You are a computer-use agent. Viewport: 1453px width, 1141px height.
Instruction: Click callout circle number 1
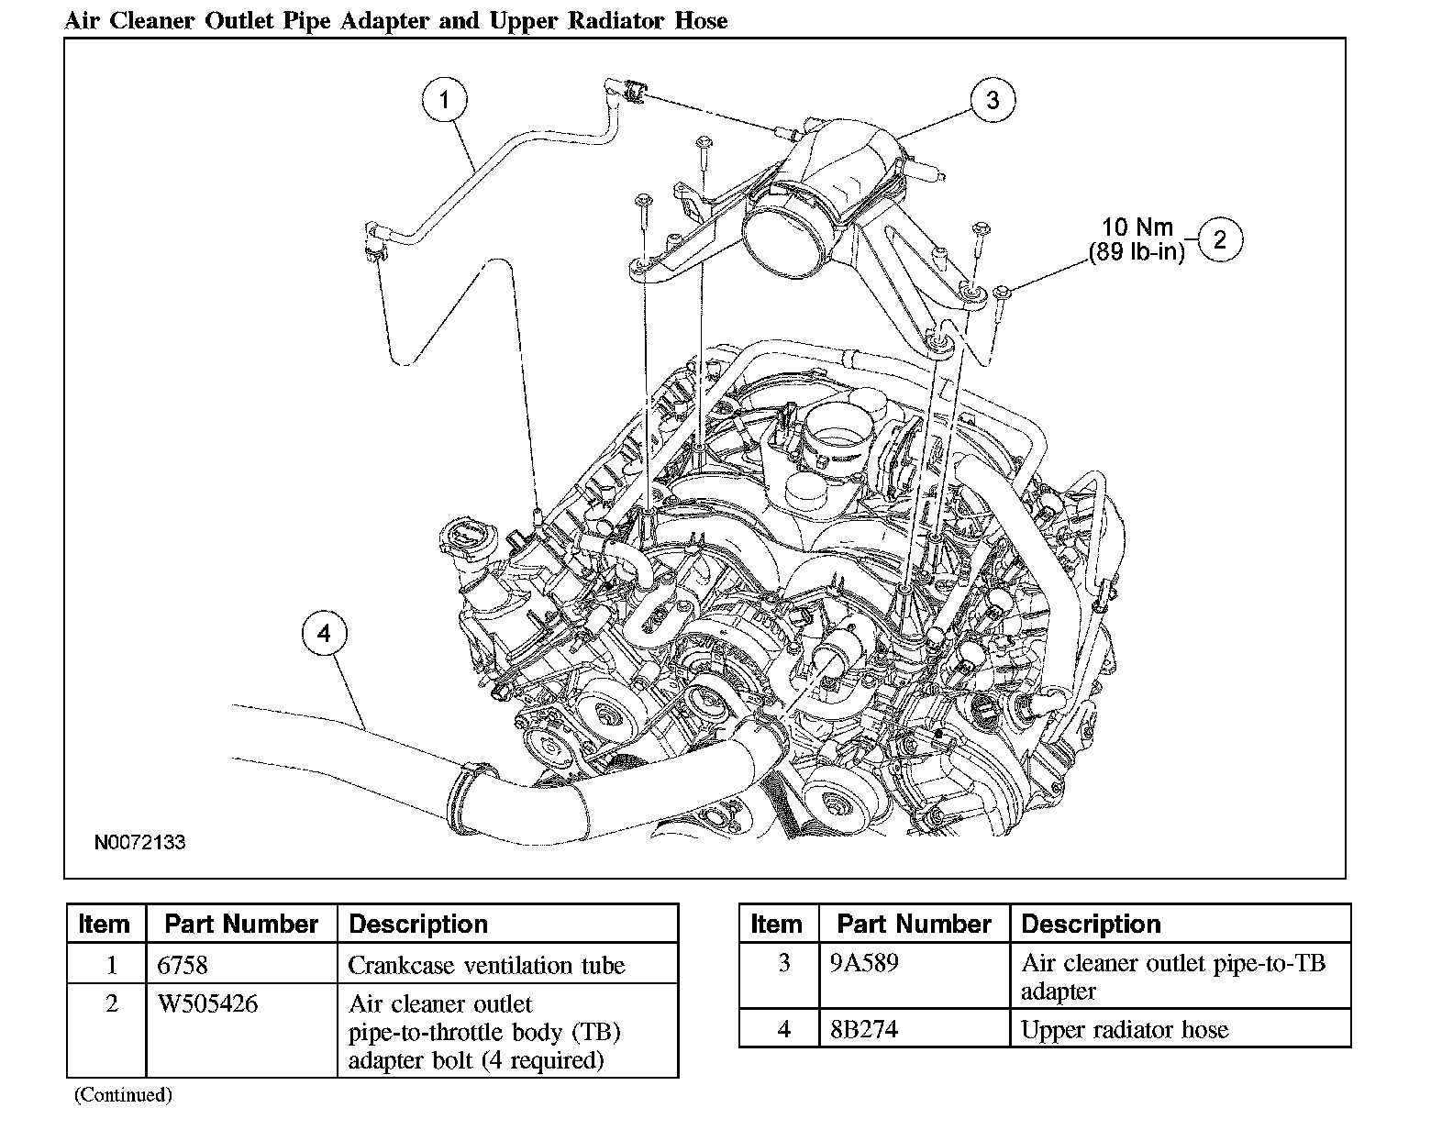pyautogui.click(x=445, y=99)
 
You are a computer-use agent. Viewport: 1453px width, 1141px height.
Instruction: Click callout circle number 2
pyautogui.click(x=1219, y=240)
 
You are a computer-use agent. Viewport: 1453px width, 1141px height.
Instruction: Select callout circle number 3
pyautogui.click(x=993, y=99)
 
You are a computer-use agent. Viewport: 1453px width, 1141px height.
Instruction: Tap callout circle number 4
pyautogui.click(x=323, y=634)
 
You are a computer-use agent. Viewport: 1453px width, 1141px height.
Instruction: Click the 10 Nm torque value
pyautogui.click(x=1137, y=227)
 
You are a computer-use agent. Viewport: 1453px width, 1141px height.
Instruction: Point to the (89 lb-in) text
pyautogui.click(x=1137, y=252)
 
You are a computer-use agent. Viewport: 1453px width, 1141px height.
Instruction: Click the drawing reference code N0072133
pyautogui.click(x=140, y=842)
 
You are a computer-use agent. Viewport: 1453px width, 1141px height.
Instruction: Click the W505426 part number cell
pyautogui.click(x=208, y=1003)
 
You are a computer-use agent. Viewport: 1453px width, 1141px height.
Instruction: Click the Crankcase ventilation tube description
pyautogui.click(x=486, y=965)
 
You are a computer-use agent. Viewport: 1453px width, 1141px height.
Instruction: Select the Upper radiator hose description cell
pyautogui.click(x=1125, y=1029)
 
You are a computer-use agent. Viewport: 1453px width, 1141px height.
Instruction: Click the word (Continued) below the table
pyautogui.click(x=123, y=1094)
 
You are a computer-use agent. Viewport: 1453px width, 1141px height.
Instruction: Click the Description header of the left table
pyautogui.click(x=418, y=924)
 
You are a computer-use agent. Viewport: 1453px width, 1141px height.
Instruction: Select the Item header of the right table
pyautogui.click(x=776, y=924)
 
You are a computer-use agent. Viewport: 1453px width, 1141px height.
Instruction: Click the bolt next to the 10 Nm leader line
pyautogui.click(x=1001, y=296)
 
